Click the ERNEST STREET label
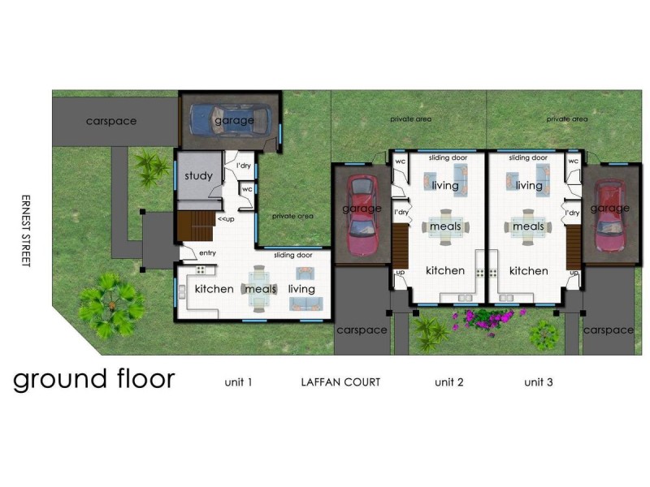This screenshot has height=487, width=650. pyautogui.click(x=25, y=231)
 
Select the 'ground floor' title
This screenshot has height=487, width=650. pyautogui.click(x=93, y=379)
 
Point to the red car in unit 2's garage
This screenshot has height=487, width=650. pyautogui.click(x=362, y=213)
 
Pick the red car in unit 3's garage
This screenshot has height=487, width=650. pyautogui.click(x=609, y=215)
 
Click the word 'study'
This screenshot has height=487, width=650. pyautogui.click(x=198, y=176)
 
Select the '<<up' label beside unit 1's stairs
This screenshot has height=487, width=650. pyautogui.click(x=227, y=219)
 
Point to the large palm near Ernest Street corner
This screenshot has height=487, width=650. pyautogui.click(x=106, y=306)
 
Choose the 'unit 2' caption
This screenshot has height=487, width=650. pyautogui.click(x=448, y=381)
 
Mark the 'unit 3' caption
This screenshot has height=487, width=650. pyautogui.click(x=538, y=381)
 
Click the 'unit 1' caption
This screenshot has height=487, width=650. pyautogui.click(x=239, y=381)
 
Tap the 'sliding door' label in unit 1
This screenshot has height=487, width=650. pyautogui.click(x=292, y=255)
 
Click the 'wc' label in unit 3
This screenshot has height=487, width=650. pyautogui.click(x=573, y=161)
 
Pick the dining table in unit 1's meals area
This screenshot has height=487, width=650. pyautogui.click(x=260, y=289)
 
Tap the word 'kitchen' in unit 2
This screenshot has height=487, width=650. pyautogui.click(x=445, y=270)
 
